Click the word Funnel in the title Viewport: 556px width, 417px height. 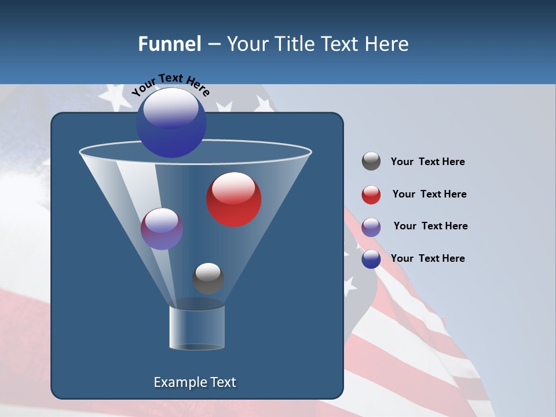169,43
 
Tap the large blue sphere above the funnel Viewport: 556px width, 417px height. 171,122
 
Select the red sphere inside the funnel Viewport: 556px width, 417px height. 234,199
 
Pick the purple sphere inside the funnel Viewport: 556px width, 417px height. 162,229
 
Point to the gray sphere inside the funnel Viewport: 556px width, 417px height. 208,278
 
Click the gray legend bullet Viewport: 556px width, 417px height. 371,162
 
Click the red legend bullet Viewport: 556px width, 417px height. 371,195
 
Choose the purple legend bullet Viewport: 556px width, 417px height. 371,226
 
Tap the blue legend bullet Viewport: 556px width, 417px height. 371,259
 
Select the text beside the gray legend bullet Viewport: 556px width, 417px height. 427,162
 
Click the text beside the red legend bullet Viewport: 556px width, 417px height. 429,194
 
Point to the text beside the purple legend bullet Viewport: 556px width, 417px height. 430,226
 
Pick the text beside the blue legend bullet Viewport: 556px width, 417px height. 427,258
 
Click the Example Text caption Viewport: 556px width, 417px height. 195,382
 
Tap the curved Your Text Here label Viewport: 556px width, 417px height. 171,85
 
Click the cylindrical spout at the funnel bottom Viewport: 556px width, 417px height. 197,328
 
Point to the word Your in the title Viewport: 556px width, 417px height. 246,43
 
